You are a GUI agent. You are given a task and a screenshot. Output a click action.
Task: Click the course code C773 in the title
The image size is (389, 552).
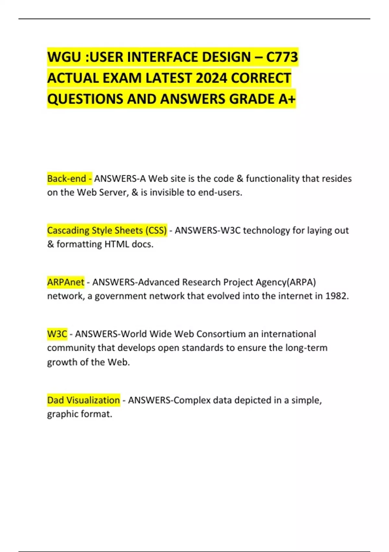[x=282, y=57]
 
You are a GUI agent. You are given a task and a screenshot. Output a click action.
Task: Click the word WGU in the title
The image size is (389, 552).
[x=64, y=57]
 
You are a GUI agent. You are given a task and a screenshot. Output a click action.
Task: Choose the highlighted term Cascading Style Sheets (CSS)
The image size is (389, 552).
[x=107, y=230]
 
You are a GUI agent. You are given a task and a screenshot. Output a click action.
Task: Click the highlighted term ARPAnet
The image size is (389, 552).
[x=65, y=282]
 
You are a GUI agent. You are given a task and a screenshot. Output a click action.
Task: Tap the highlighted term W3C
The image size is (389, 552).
[x=57, y=334]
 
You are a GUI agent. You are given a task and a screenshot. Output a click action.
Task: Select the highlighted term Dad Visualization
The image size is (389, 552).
[x=83, y=400]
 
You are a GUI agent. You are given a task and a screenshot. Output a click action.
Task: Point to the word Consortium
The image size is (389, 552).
[x=221, y=334]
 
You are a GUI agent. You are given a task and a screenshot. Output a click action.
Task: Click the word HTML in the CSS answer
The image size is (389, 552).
[x=117, y=244]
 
